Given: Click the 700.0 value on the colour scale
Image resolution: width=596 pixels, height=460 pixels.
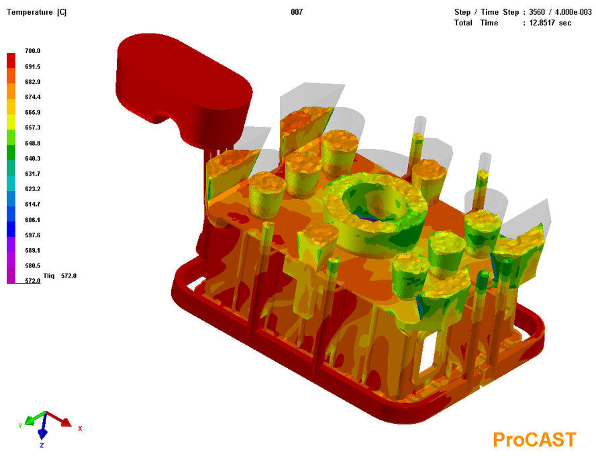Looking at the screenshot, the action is [x=33, y=50].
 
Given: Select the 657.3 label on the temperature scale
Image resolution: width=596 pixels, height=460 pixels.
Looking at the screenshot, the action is [x=33, y=127].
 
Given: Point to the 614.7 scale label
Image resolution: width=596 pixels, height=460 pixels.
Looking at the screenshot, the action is [x=33, y=204].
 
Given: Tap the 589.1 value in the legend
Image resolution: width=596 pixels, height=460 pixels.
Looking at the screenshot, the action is [x=33, y=250].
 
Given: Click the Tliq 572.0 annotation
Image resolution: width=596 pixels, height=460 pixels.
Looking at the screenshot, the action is [x=60, y=276].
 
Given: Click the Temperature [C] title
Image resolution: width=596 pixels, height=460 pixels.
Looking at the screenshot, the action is [x=36, y=12].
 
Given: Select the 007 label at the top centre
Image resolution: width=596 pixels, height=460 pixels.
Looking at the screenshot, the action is [x=297, y=12].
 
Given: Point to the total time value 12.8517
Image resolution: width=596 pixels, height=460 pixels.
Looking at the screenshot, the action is [x=542, y=23].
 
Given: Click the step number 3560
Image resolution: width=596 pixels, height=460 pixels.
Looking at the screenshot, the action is [x=537, y=12].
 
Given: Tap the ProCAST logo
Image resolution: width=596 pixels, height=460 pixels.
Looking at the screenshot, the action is [x=534, y=440].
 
